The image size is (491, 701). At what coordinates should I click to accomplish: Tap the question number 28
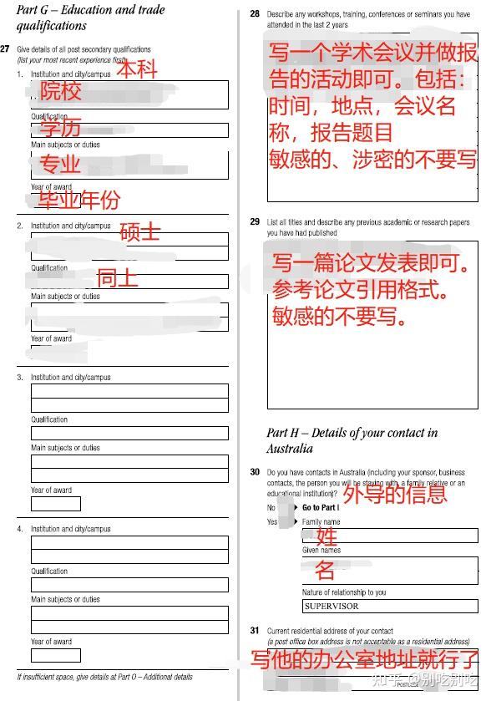click(x=255, y=14)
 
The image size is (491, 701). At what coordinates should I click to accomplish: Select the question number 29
click(x=255, y=222)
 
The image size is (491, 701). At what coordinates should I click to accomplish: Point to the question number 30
click(x=255, y=472)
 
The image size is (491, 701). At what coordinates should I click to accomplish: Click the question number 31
click(x=255, y=630)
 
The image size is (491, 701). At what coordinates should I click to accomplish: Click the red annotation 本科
click(x=136, y=69)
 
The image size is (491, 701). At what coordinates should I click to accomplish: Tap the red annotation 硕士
click(x=139, y=231)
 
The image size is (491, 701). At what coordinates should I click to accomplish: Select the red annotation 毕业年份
click(x=78, y=199)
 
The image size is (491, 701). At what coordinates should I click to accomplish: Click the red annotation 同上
click(x=118, y=277)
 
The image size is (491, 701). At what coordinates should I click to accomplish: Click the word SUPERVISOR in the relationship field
click(x=332, y=606)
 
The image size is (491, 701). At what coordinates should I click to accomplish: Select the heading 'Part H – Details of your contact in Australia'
click(x=352, y=440)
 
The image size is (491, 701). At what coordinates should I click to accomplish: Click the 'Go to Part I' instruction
click(x=320, y=507)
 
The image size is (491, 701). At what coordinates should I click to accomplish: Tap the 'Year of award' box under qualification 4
click(x=56, y=655)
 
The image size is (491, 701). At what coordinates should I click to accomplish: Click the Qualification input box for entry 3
click(x=129, y=434)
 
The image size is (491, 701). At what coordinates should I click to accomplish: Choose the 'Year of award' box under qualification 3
click(x=56, y=504)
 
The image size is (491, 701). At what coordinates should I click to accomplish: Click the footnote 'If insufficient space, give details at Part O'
click(x=104, y=677)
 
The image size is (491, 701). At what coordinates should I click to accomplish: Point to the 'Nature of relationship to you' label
click(x=344, y=592)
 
